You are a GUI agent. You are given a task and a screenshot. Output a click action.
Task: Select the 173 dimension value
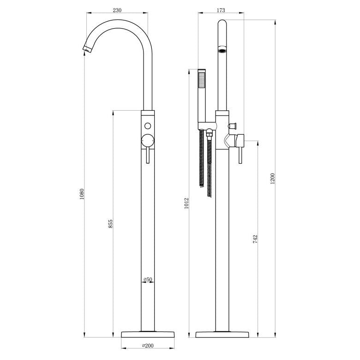[x=221, y=9]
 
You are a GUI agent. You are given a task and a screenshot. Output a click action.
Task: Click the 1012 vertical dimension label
[x=187, y=204]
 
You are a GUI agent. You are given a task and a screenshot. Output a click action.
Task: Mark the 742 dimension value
[x=255, y=239]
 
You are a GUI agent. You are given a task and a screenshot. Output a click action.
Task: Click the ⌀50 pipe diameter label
[x=148, y=280]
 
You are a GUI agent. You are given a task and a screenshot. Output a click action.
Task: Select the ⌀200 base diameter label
[x=148, y=345]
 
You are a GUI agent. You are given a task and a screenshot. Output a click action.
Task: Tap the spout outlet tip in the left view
[x=85, y=49]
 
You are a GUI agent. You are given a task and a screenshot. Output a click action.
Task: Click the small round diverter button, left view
[x=148, y=126]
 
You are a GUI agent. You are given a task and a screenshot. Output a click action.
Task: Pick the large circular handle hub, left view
[x=148, y=139]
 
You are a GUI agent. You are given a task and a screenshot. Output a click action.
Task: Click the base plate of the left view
[x=148, y=334]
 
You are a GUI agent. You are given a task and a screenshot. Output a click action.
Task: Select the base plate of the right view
[x=221, y=334]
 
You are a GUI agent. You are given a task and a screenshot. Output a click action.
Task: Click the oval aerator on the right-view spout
[x=222, y=50]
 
